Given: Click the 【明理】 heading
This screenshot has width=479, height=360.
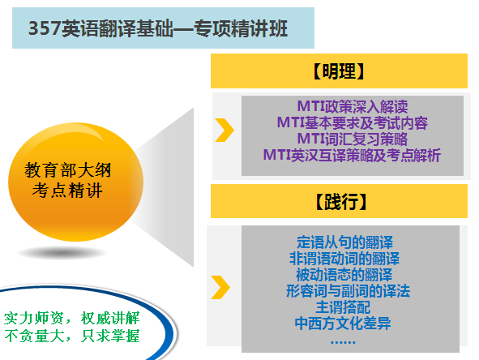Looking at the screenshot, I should [x=341, y=71].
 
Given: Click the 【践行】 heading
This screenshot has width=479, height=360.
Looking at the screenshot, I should [x=341, y=200].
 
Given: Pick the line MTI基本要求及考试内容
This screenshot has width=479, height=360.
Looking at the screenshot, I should [x=352, y=123].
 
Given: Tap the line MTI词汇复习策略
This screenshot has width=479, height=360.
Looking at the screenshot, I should [x=352, y=139].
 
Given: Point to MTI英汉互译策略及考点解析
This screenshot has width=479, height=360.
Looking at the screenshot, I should [x=352, y=154].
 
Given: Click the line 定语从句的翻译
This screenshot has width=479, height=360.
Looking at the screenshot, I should [x=344, y=242].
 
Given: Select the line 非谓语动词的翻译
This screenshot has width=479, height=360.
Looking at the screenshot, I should [x=344, y=258].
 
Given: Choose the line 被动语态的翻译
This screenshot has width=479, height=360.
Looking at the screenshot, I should [x=344, y=274].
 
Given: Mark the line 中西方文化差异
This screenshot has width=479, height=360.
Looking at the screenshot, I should [x=344, y=324].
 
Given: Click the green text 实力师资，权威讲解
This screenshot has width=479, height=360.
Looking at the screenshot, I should [x=72, y=315].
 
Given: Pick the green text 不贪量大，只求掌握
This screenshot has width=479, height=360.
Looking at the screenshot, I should [x=72, y=333].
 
